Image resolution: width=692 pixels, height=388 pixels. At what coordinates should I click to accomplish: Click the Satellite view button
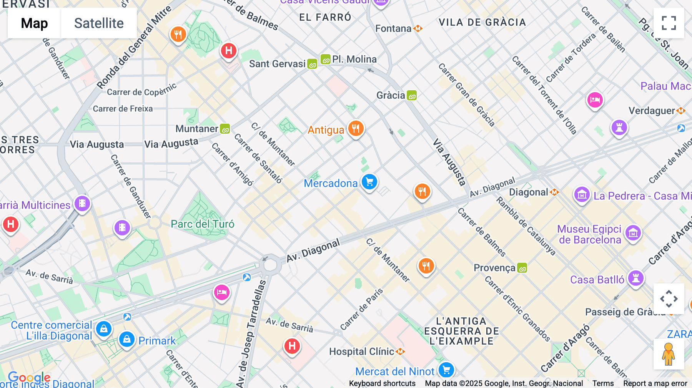point(99,23)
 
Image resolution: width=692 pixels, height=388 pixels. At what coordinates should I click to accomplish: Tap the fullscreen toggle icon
point(669,23)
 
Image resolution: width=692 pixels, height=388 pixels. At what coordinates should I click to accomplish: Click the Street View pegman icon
point(669,354)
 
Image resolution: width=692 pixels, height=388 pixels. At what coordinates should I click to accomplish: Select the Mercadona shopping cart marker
point(369,182)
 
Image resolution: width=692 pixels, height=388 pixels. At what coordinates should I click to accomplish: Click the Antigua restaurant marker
point(356,129)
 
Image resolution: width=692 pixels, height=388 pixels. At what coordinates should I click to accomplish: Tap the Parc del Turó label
point(202,224)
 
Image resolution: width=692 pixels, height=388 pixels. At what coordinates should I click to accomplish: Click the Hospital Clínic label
point(361,352)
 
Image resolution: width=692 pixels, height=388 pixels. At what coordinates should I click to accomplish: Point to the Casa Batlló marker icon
point(635,278)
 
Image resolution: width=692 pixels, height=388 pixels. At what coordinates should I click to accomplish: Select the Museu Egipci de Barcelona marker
point(633,233)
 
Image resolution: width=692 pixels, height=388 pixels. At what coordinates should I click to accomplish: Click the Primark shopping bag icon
point(126,340)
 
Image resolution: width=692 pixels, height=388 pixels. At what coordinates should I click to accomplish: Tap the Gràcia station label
point(391,95)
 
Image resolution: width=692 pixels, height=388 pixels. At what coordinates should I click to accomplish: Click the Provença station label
point(494,268)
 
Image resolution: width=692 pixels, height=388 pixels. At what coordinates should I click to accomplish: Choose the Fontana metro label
point(393,28)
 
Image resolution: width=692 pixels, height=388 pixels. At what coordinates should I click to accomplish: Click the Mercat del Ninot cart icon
point(446,370)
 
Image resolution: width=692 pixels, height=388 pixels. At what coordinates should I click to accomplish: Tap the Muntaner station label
point(197,129)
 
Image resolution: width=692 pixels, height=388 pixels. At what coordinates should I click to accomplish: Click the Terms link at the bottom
point(603,383)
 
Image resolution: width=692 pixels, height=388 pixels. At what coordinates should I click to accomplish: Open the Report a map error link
point(655,383)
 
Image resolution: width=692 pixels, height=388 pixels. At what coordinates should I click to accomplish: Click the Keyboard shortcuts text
point(382,383)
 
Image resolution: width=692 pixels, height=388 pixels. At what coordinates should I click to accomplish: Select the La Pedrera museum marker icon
point(582,195)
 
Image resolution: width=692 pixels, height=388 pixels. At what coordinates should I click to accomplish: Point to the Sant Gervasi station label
point(277,64)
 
